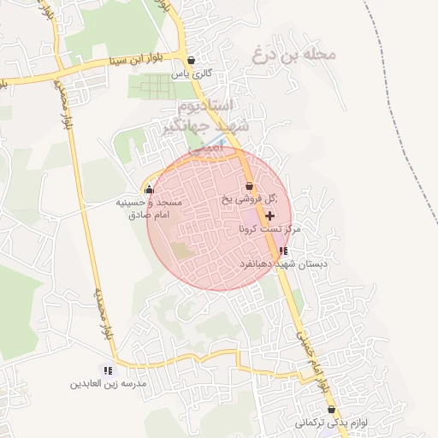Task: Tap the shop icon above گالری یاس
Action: pos(190,61)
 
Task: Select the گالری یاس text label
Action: pos(191,74)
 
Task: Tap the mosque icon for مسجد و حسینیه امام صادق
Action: pos(150,189)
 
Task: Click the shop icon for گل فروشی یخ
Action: pos(249,186)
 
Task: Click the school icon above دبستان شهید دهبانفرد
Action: pos(283,252)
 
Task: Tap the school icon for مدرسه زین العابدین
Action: pos(108,370)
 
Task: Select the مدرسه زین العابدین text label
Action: pos(109,384)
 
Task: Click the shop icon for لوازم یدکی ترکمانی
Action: pos(332,410)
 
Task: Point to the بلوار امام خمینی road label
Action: pos(312,359)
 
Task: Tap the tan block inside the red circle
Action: pos(181,251)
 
